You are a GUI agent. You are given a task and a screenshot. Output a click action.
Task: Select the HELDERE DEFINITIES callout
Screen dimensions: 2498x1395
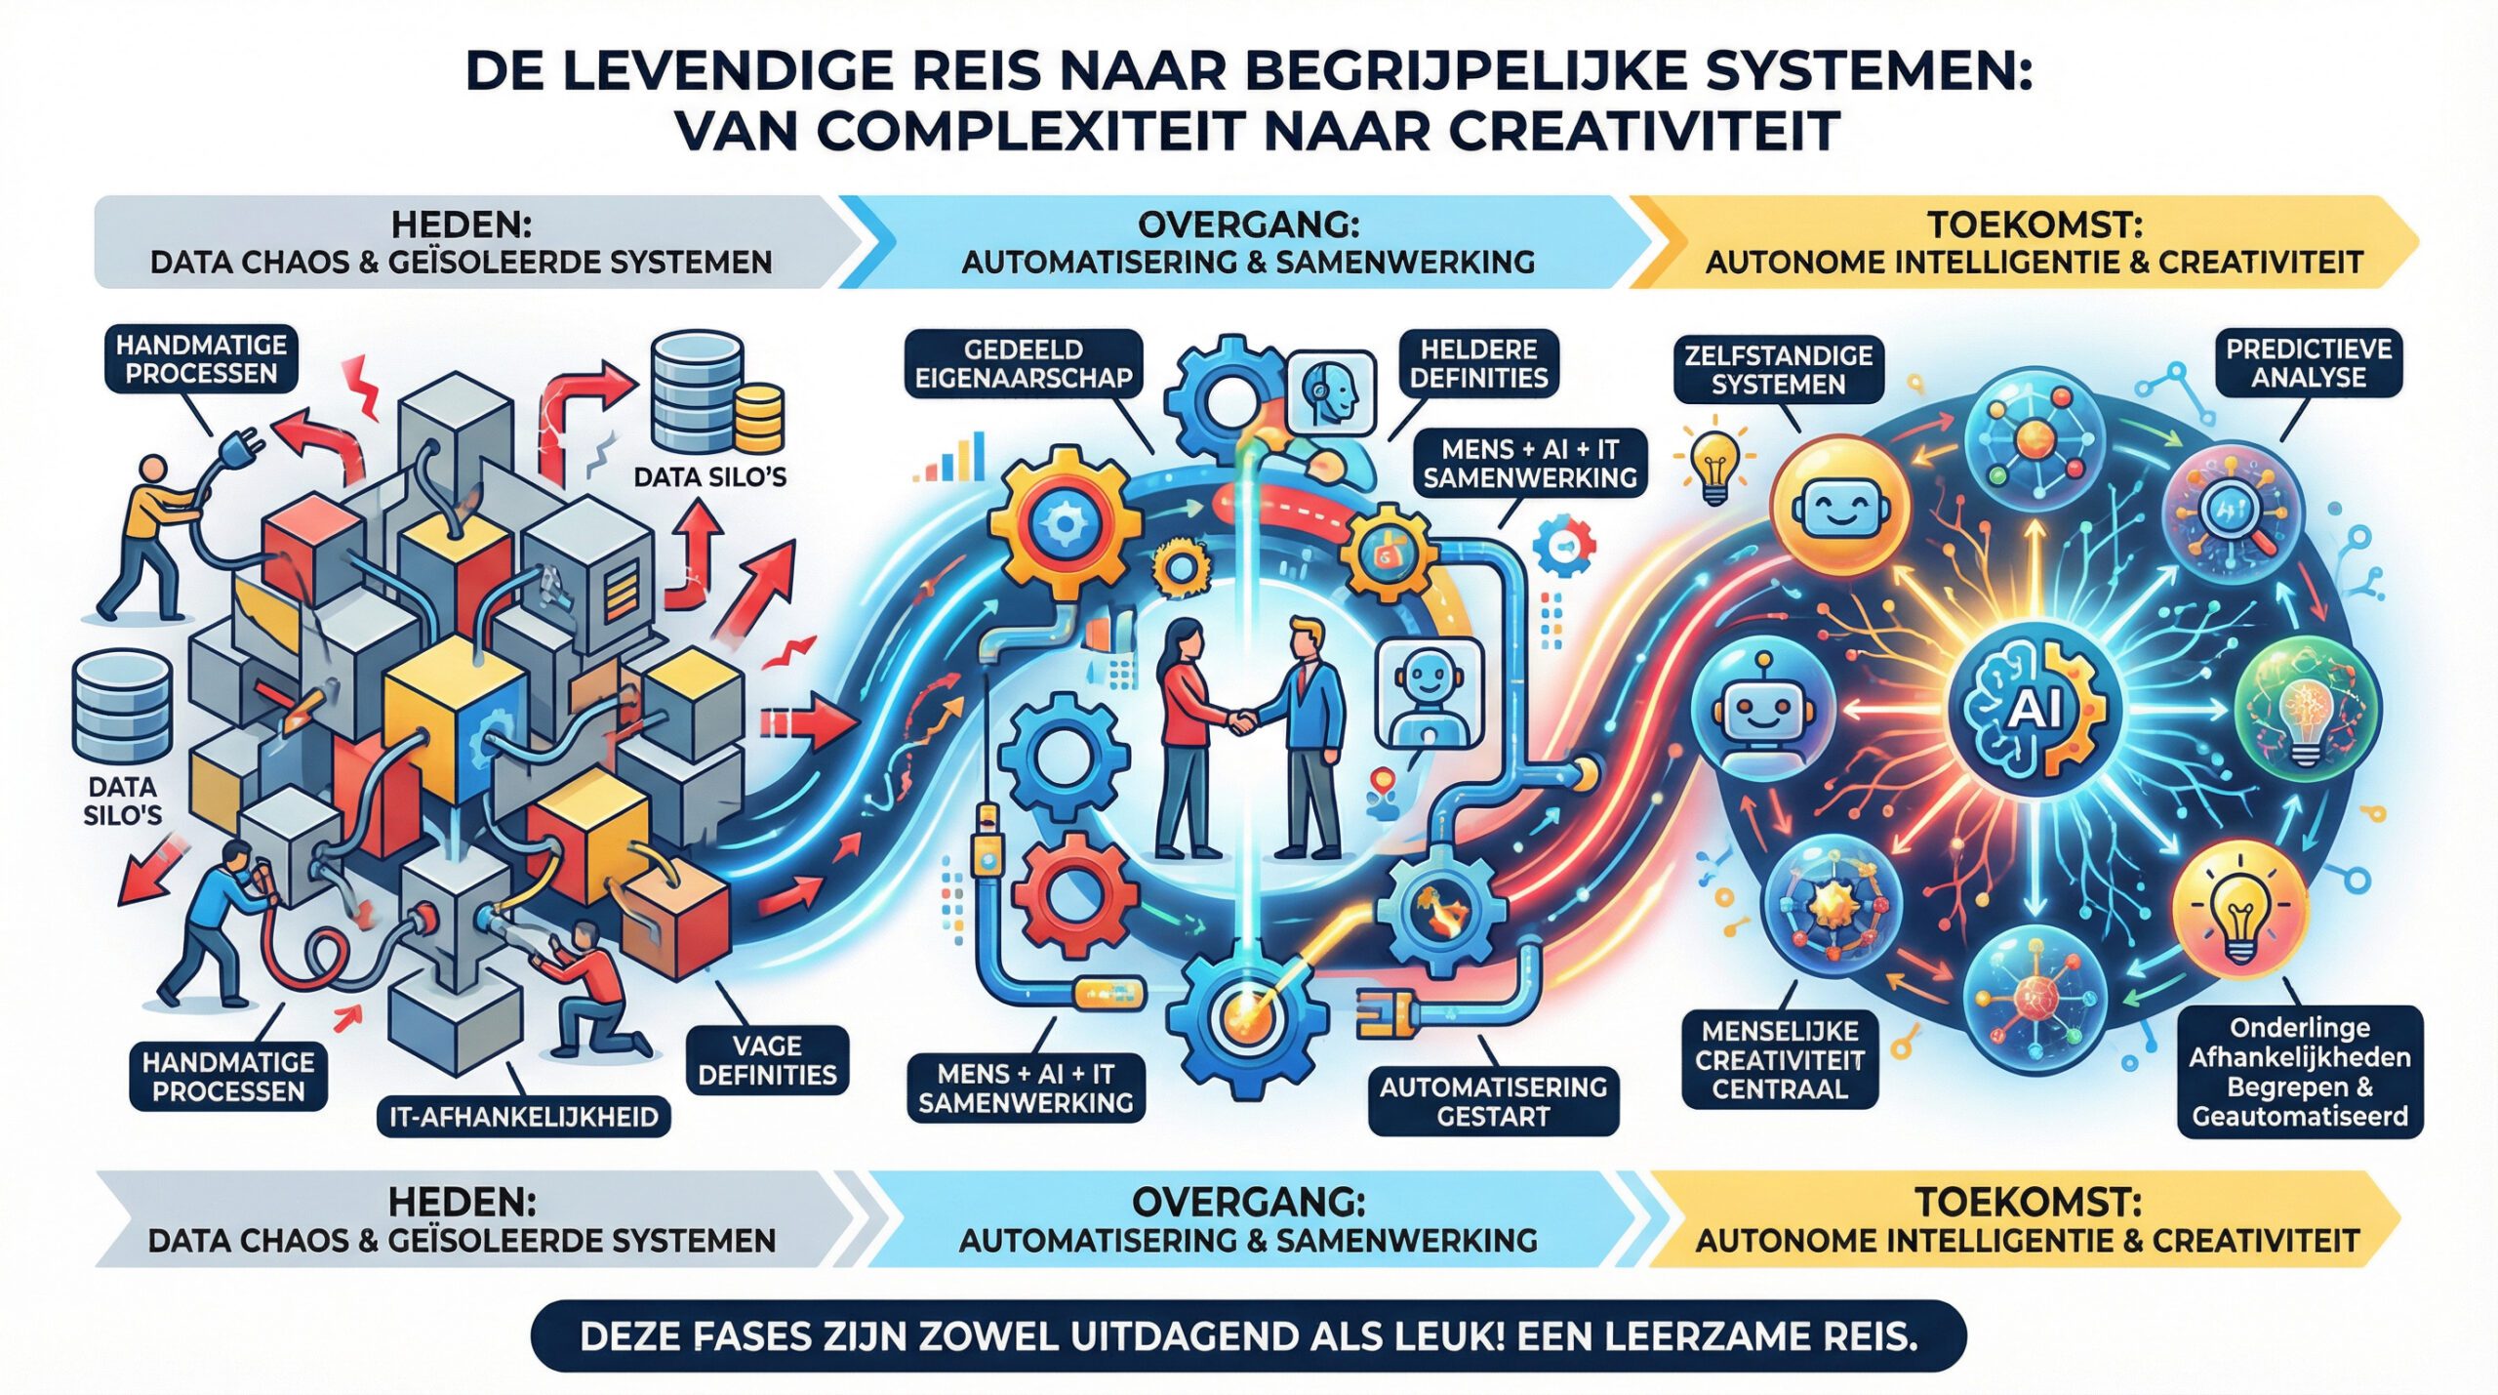point(1478,363)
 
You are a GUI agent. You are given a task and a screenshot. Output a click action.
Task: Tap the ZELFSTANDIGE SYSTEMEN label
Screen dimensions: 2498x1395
point(1778,369)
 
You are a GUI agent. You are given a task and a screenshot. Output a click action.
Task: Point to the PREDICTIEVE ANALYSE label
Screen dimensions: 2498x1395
point(2308,363)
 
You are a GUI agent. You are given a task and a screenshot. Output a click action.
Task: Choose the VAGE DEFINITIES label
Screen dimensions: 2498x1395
point(767,1060)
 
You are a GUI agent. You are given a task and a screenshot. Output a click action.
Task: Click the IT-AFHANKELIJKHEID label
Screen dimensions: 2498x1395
point(524,1117)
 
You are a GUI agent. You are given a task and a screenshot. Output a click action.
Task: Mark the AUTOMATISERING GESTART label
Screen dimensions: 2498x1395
point(1493,1101)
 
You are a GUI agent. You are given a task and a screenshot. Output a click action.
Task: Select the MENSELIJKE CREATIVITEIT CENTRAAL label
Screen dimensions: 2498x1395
point(1780,1060)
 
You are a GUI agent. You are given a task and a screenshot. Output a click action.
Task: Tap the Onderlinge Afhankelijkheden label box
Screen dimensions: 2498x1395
point(2300,1072)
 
